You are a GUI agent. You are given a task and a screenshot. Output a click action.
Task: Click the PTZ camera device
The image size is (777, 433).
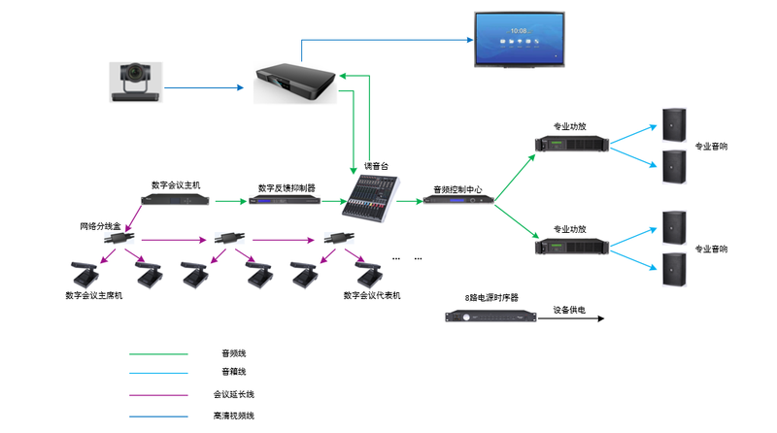pos(136,83)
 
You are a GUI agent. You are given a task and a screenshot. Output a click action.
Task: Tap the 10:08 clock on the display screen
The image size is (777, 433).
pos(519,31)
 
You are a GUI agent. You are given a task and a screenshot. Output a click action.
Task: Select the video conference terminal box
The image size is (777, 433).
pos(295,83)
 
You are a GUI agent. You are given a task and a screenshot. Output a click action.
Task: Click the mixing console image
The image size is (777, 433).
pos(370,198)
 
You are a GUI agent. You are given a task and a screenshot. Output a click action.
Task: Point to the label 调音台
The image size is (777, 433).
pos(376,166)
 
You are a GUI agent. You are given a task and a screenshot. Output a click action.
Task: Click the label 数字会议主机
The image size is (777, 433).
pos(176,185)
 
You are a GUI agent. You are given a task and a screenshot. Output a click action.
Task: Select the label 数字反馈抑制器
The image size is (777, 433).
pos(287,188)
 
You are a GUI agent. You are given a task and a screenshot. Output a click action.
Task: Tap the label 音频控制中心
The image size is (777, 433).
pos(457,189)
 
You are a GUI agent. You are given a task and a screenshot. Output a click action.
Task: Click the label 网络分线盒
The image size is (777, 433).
pos(101,226)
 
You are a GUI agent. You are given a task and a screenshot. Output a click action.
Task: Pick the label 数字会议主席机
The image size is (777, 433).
pos(93,296)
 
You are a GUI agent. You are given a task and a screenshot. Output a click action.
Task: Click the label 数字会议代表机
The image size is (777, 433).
pos(372,296)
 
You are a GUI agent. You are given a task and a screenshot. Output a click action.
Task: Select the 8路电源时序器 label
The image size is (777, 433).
pos(491,298)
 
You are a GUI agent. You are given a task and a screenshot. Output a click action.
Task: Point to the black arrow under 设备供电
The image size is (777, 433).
pos(571,318)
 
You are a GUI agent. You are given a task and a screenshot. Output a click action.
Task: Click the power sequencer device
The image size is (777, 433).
pos(490,316)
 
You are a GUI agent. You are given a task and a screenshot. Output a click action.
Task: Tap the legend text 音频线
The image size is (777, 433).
pos(233,353)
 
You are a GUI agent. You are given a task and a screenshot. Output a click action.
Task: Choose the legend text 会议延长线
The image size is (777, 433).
pos(233,395)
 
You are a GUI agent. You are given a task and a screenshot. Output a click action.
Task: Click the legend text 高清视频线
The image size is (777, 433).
pos(233,416)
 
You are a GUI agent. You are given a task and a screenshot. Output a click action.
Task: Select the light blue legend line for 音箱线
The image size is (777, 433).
pos(158,373)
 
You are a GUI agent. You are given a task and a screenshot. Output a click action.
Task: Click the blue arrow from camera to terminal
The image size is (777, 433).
pos(204,87)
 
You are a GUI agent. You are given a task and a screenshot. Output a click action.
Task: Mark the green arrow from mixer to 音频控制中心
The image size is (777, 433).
pos(409,201)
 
